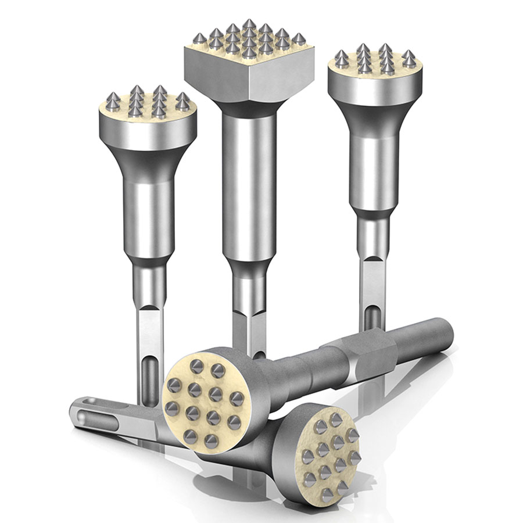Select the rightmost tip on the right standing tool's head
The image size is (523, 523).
[x=410, y=58]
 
